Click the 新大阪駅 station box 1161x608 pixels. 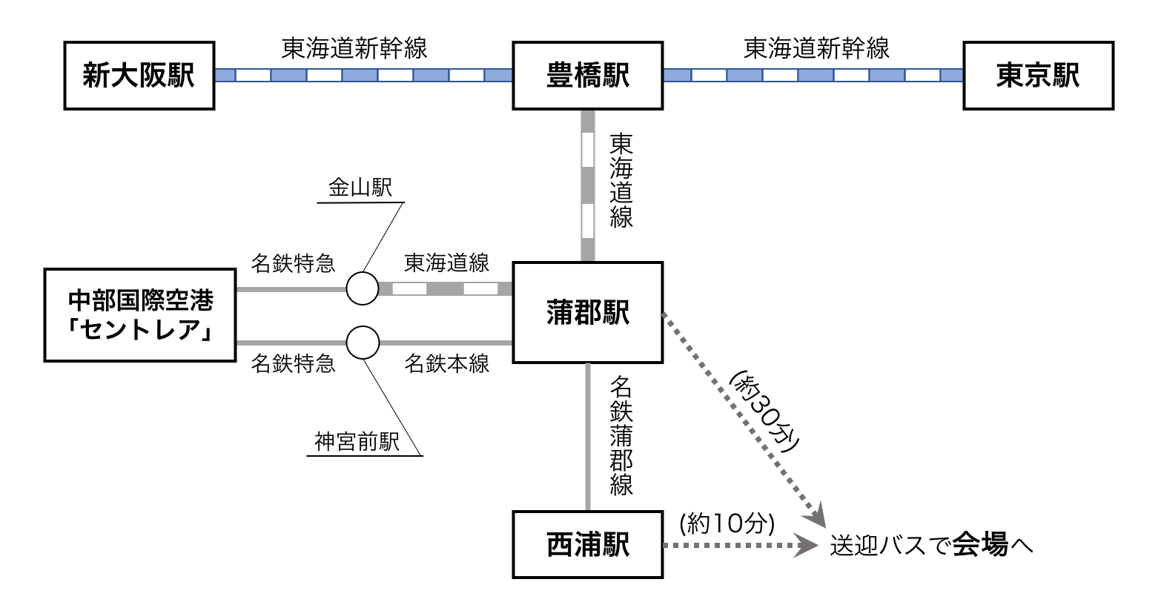pyautogui.click(x=139, y=76)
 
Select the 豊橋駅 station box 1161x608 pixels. pyautogui.click(x=587, y=76)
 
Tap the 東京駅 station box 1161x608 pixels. pyautogui.click(x=1038, y=76)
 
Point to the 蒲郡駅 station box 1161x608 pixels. pyautogui.click(x=587, y=312)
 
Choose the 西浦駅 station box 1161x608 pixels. pyautogui.click(x=587, y=545)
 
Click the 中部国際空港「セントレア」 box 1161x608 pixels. pyautogui.click(x=140, y=315)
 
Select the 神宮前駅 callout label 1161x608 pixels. pyautogui.click(x=357, y=442)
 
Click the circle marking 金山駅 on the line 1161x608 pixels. pyautogui.click(x=363, y=288)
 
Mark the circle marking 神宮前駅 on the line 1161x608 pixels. pyautogui.click(x=363, y=343)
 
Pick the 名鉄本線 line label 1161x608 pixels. pyautogui.click(x=446, y=363)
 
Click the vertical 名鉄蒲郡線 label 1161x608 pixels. pyautogui.click(x=621, y=435)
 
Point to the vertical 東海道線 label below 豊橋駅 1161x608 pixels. pyautogui.click(x=621, y=180)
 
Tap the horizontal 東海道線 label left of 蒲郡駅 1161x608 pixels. pyautogui.click(x=446, y=262)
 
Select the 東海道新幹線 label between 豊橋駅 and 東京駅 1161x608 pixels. pyautogui.click(x=816, y=49)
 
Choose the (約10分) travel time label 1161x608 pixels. pyautogui.click(x=727, y=523)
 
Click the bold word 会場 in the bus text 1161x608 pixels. pyautogui.click(x=980, y=545)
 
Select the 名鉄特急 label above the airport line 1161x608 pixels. pyautogui.click(x=293, y=262)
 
